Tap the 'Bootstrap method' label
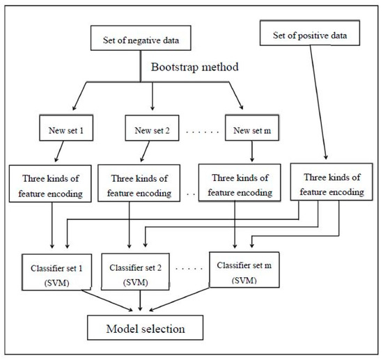tap(197, 69)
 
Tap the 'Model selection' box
tap(146, 325)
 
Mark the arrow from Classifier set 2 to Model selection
tap(141, 302)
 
